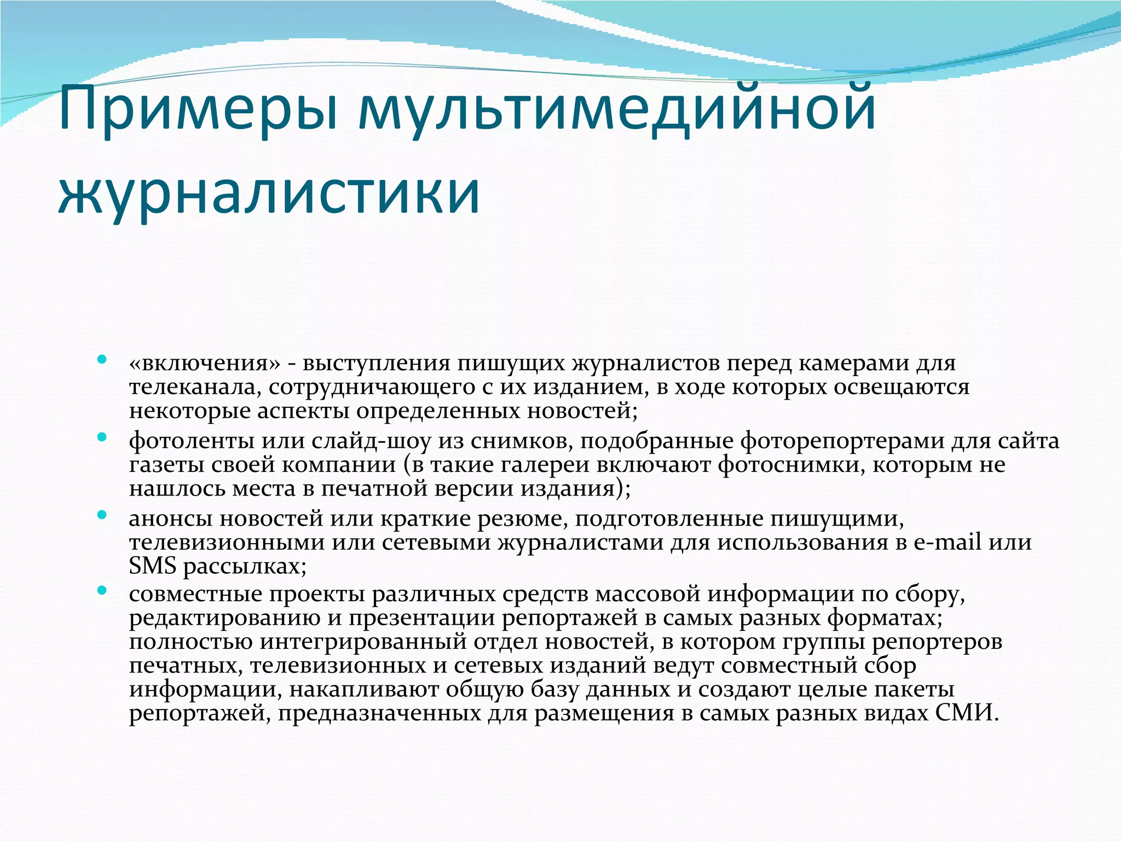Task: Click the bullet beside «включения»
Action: [101, 360]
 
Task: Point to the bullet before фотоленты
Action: [101, 437]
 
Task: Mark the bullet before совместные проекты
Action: [101, 591]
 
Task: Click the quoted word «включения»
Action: [205, 364]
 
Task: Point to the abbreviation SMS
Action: [153, 566]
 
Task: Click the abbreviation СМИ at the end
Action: [967, 713]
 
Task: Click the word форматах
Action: [885, 618]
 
